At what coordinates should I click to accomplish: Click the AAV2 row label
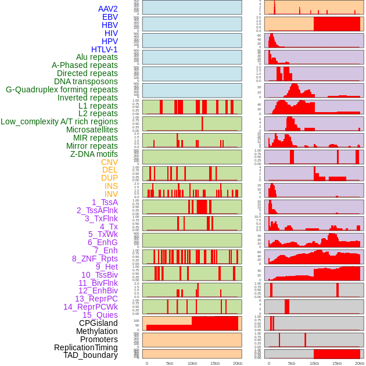pyautogui.click(x=107, y=9)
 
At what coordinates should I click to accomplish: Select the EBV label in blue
pyautogui.click(x=110, y=17)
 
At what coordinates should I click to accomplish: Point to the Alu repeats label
pyautogui.click(x=96, y=58)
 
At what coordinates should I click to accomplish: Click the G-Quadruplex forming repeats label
pyautogui.click(x=62, y=89)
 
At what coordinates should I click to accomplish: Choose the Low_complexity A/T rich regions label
pyautogui.click(x=59, y=121)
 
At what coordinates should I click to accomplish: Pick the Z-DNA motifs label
pyautogui.click(x=94, y=154)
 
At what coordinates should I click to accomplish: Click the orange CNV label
pyautogui.click(x=109, y=162)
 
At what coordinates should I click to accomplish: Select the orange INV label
pyautogui.click(x=111, y=194)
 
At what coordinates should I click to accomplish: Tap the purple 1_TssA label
pyautogui.click(x=105, y=202)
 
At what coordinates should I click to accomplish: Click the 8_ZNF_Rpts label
pyautogui.click(x=95, y=259)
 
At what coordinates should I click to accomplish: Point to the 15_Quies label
pyautogui.click(x=99, y=315)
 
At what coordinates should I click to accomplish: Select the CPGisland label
pyautogui.click(x=98, y=323)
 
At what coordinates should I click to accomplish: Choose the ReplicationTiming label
pyautogui.click(x=86, y=347)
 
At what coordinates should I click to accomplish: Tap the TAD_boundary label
pyautogui.click(x=90, y=355)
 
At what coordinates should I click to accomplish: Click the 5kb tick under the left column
pyautogui.click(x=170, y=363)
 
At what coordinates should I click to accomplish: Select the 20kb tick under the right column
pyautogui.click(x=360, y=363)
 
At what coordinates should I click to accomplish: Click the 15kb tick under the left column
pyautogui.click(x=215, y=363)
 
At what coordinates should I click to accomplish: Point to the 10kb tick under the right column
pyautogui.click(x=314, y=363)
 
